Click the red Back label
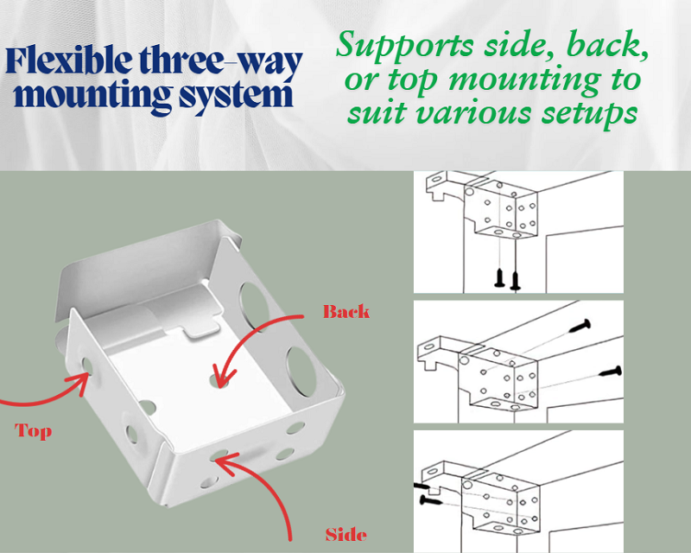[345, 311]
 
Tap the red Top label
[33, 430]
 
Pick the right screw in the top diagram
[517, 278]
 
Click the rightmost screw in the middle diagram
[612, 371]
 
